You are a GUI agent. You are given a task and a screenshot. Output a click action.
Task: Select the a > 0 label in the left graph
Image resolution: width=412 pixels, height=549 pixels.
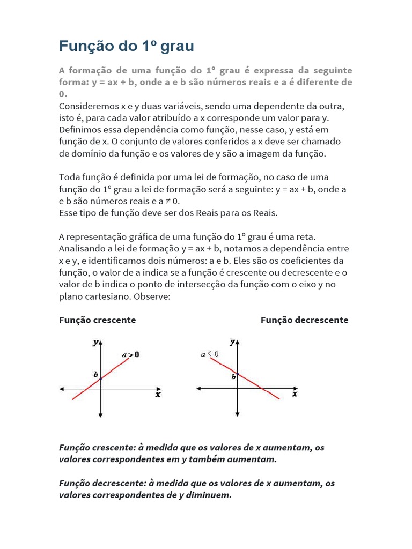[130, 354]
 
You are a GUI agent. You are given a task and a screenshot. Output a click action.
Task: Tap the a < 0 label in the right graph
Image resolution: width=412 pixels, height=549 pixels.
[210, 354]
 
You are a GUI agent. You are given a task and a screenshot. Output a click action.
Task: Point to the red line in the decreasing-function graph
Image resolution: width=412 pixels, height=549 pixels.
[252, 381]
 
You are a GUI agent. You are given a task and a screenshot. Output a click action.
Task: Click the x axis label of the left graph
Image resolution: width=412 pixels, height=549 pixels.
[158, 395]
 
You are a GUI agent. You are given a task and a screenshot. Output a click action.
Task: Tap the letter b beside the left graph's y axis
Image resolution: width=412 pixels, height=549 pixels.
[95, 375]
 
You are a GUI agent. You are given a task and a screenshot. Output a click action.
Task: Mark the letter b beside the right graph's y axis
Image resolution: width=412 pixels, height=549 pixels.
[233, 377]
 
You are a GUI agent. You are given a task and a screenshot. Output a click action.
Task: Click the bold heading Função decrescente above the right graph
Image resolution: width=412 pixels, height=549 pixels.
[304, 320]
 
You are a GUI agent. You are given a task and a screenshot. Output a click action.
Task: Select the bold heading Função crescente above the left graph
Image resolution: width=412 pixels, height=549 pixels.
[97, 320]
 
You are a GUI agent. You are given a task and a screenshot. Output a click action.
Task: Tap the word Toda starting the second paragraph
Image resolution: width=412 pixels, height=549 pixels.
[69, 177]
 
